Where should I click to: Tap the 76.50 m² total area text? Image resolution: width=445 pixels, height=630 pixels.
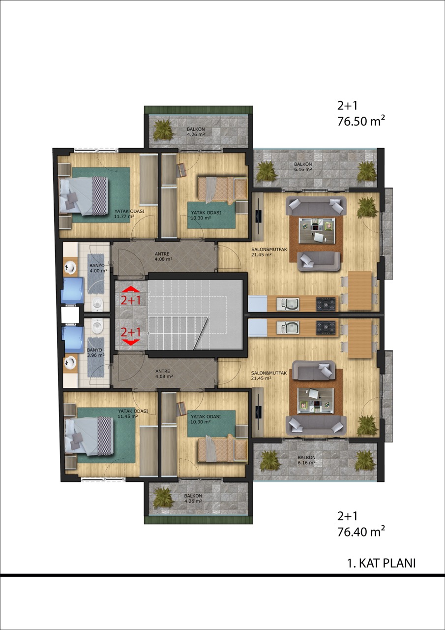[361, 121]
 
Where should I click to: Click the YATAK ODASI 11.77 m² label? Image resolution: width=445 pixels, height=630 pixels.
[129, 214]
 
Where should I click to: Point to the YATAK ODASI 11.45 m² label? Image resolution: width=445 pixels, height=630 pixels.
[133, 414]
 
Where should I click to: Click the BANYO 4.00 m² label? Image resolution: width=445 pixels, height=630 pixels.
[98, 268]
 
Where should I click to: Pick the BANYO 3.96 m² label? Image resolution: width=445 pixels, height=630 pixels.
[95, 353]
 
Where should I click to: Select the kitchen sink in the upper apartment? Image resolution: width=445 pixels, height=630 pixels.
[288, 304]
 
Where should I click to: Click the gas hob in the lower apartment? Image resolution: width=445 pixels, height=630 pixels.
[326, 328]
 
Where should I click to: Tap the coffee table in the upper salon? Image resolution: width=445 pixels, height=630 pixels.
[317, 230]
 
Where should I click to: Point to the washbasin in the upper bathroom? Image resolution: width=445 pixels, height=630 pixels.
[70, 267]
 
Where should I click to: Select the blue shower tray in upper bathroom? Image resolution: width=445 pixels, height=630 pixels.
[72, 290]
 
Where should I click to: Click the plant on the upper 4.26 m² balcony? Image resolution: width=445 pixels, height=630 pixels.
[163, 130]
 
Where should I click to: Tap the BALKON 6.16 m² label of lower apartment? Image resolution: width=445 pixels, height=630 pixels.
[306, 460]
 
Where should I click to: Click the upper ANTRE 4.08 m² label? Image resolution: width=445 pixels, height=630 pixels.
[163, 256]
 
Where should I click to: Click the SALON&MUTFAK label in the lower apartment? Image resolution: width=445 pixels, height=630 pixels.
[269, 373]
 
